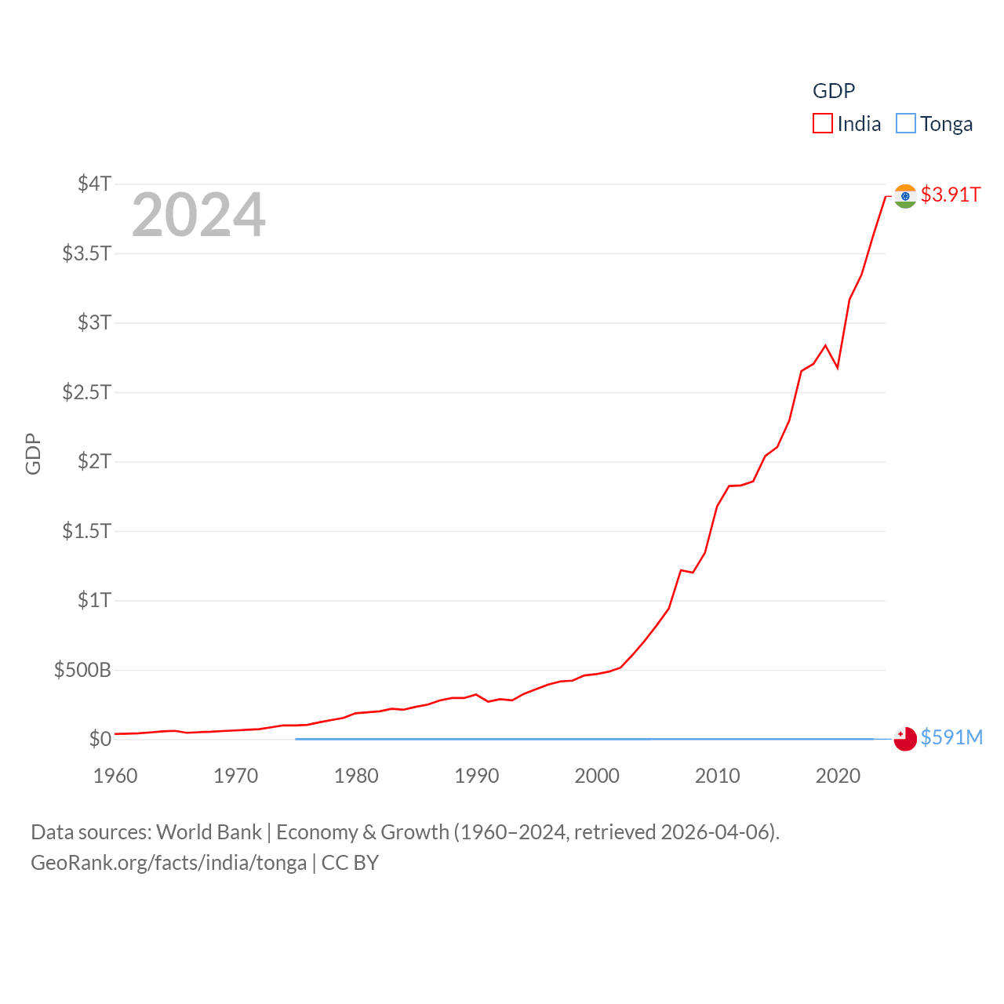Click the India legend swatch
pyautogui.click(x=822, y=124)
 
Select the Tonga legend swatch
pyautogui.click(x=905, y=124)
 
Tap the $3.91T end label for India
pyautogui.click(x=951, y=195)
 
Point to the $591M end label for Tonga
pyautogui.click(x=951, y=737)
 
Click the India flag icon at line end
pyautogui.click(x=905, y=196)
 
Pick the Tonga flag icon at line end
pyautogui.click(x=905, y=739)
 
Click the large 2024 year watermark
pyautogui.click(x=198, y=215)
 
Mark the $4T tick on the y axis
pyautogui.click(x=94, y=184)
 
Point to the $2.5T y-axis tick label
pyautogui.click(x=86, y=391)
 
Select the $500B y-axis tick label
pyautogui.click(x=82, y=670)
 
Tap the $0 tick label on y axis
pyautogui.click(x=100, y=739)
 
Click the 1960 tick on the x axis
pyautogui.click(x=115, y=776)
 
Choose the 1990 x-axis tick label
pyautogui.click(x=477, y=776)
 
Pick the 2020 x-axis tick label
pyautogui.click(x=838, y=776)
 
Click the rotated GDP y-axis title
pyautogui.click(x=33, y=453)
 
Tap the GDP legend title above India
pyautogui.click(x=834, y=91)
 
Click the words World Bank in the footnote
pyautogui.click(x=209, y=831)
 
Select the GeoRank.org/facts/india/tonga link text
pyautogui.click(x=169, y=863)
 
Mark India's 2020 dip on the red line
pyautogui.click(x=838, y=367)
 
